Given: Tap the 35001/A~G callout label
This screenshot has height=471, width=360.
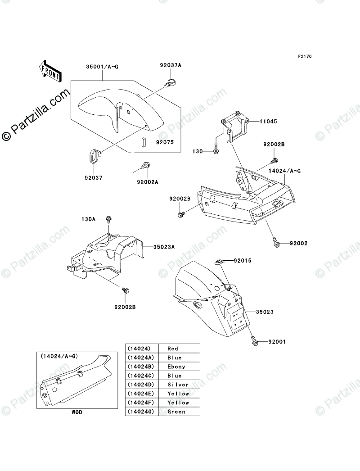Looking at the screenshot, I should click(x=103, y=67).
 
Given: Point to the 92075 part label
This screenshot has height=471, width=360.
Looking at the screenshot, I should click(x=165, y=142).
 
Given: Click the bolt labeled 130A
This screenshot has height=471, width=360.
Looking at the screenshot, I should click(x=109, y=219).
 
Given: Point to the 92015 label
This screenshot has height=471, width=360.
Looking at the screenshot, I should click(x=243, y=261).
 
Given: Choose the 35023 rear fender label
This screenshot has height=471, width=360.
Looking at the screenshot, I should click(x=265, y=311).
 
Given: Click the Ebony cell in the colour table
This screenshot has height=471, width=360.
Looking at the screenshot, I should click(x=177, y=367).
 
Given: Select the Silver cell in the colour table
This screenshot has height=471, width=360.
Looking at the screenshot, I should click(x=177, y=385).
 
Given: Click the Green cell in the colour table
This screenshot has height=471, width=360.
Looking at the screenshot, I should click(x=177, y=412).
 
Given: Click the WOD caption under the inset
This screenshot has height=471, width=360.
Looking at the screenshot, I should click(x=76, y=412).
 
